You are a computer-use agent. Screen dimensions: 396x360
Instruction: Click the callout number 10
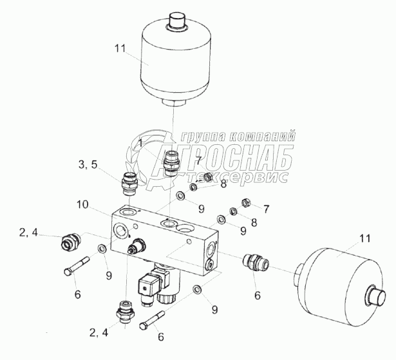coord(82,204)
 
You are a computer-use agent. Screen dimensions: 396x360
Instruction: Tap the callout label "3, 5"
coord(88,165)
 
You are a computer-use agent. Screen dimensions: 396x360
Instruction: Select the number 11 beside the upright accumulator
coord(120,48)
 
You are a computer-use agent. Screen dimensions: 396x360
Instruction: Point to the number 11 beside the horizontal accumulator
coord(364,238)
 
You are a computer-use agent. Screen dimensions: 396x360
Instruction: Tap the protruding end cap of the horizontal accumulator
coord(376,296)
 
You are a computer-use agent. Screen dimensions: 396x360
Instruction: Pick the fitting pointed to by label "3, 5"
coord(129,184)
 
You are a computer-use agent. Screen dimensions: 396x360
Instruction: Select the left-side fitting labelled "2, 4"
coord(70,242)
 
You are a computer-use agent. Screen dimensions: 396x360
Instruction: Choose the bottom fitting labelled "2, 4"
coord(125,312)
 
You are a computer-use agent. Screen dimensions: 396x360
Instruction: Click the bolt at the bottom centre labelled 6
coord(152,320)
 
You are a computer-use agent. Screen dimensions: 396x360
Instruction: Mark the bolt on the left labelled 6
coord(77,266)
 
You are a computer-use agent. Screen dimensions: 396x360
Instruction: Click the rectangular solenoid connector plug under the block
coord(147,285)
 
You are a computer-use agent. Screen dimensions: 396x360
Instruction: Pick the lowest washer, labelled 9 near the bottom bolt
coord(197,289)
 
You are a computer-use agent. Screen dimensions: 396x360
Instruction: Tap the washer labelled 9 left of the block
coord(102,249)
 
